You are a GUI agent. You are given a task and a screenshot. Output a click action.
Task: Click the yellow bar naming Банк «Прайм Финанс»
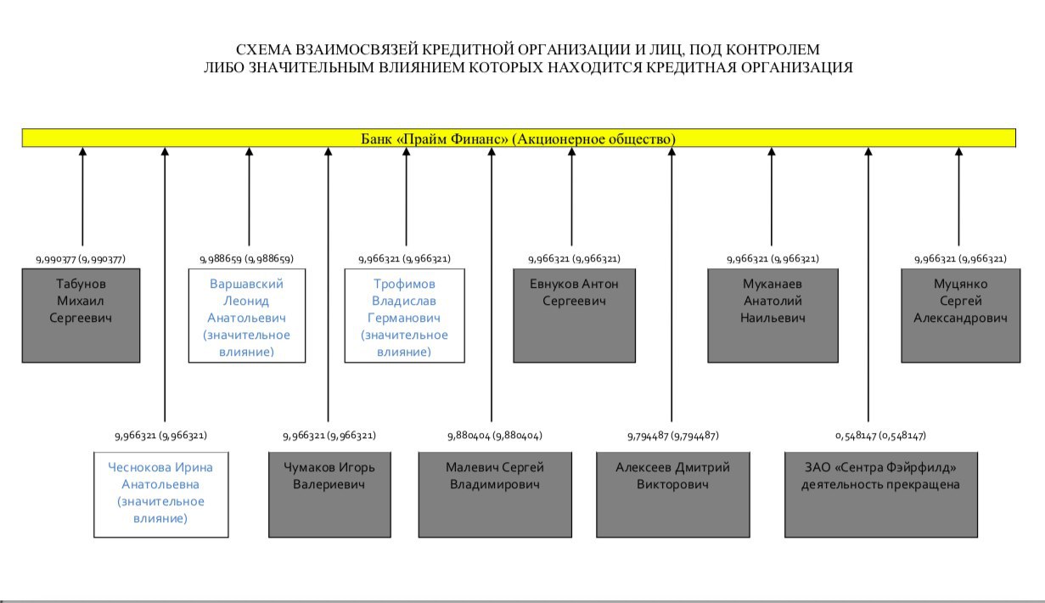(x=519, y=138)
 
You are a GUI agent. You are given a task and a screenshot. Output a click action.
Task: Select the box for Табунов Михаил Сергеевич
(x=81, y=315)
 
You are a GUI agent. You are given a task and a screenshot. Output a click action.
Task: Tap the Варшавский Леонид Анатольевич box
(x=247, y=315)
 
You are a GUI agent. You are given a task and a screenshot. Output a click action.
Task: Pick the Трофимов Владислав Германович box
(x=404, y=315)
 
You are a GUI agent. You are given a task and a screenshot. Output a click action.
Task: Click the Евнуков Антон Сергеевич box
(x=575, y=315)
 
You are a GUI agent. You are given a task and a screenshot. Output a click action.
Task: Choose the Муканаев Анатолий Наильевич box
(x=773, y=315)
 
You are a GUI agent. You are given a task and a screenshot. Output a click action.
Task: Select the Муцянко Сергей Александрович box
(x=961, y=315)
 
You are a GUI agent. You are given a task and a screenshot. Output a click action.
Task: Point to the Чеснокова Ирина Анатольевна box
(x=161, y=495)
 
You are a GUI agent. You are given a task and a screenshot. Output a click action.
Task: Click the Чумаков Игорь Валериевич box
(x=329, y=495)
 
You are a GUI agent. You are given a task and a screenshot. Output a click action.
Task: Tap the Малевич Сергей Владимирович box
(x=495, y=495)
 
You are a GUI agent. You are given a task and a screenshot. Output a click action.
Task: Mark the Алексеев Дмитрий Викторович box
(x=672, y=495)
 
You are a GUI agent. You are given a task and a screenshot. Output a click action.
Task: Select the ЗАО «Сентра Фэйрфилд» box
(x=881, y=495)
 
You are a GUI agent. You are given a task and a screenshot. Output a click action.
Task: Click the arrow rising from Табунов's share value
(x=82, y=196)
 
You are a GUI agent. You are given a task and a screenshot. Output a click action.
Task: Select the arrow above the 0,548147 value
(x=868, y=285)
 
